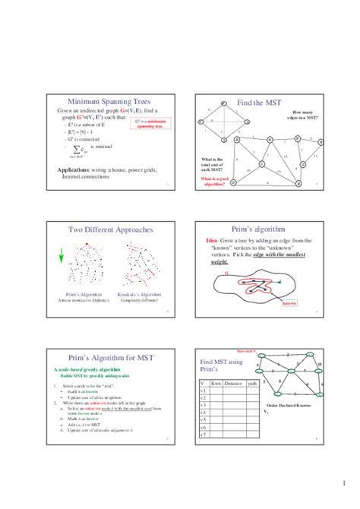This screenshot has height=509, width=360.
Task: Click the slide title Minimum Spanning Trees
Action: point(109,101)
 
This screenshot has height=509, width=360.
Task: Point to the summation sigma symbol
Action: point(79,155)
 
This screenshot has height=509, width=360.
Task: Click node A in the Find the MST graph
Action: point(238,140)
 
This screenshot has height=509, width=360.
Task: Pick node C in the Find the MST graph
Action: point(261,163)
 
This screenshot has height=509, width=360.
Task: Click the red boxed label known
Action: point(289,302)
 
